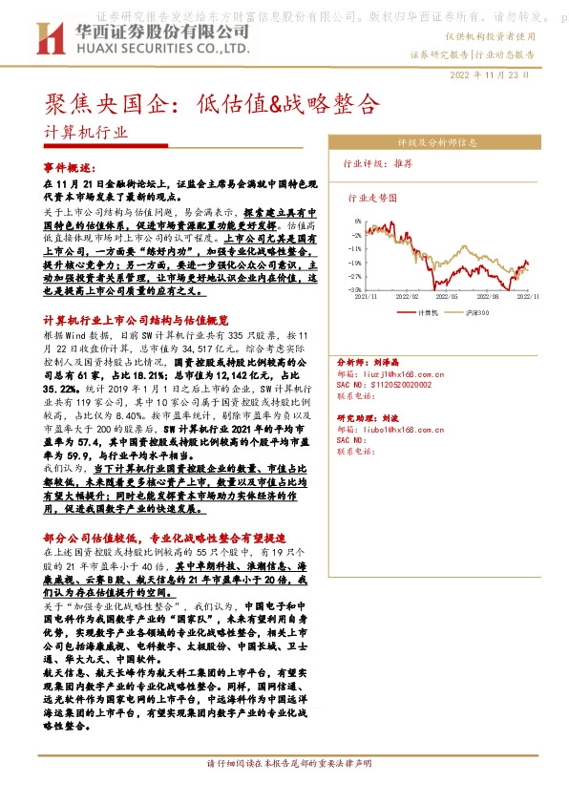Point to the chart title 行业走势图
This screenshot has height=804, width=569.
(371, 200)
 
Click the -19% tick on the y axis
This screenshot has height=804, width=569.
(355, 262)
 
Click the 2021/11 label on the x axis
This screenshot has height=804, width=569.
(367, 298)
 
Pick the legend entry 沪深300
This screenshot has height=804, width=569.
(475, 311)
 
